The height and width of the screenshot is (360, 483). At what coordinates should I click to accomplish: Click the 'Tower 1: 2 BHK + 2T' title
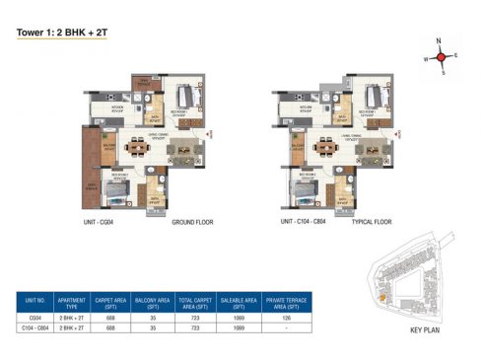coord(59,31)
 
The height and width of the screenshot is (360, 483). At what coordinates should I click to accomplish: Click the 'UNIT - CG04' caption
coord(102,225)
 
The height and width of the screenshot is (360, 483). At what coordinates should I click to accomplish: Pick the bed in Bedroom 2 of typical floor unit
coord(305,193)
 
